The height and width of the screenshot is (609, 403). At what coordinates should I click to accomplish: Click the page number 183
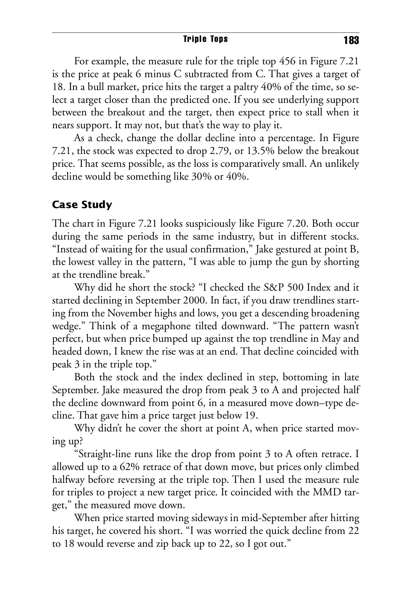coord(351,41)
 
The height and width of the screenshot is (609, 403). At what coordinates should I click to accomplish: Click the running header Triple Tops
coord(205,39)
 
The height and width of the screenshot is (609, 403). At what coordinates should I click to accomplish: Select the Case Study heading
coord(82,205)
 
